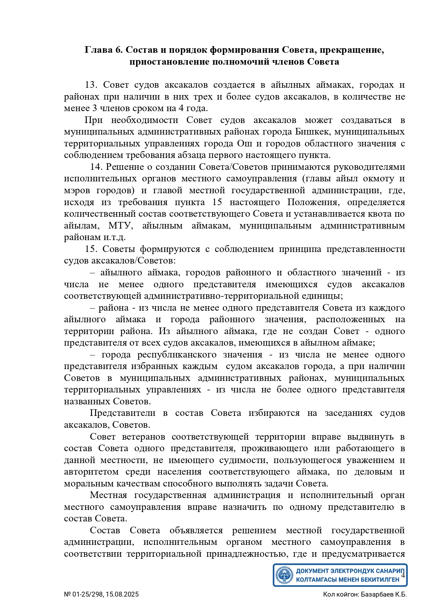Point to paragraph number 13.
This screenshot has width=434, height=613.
click(x=92, y=85)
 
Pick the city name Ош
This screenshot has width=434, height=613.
click(x=244, y=144)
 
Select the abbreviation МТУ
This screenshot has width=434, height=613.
click(x=121, y=225)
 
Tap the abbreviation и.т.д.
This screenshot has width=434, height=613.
click(x=114, y=237)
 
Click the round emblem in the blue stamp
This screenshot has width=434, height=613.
click(x=284, y=575)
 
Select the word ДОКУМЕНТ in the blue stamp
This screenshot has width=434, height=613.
click(x=312, y=571)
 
